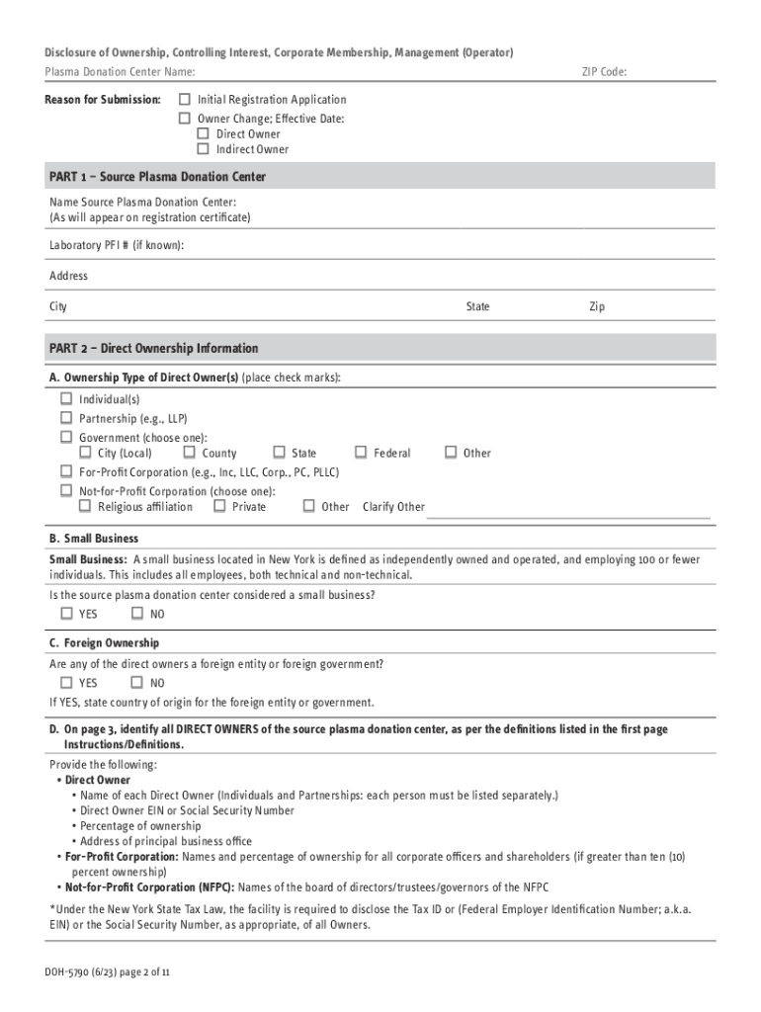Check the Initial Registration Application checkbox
184,100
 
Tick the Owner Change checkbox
184,119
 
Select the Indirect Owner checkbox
203,149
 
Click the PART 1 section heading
157,177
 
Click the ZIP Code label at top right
603,72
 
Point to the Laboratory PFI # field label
117,245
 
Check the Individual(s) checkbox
66,399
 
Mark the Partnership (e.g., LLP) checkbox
66,418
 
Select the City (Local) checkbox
85,453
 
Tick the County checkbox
189,453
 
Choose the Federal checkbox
361,453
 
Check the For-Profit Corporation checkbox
66,471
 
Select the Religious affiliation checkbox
85,506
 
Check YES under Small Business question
66,614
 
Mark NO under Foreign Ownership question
136,683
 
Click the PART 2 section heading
153,349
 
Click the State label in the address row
477,307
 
